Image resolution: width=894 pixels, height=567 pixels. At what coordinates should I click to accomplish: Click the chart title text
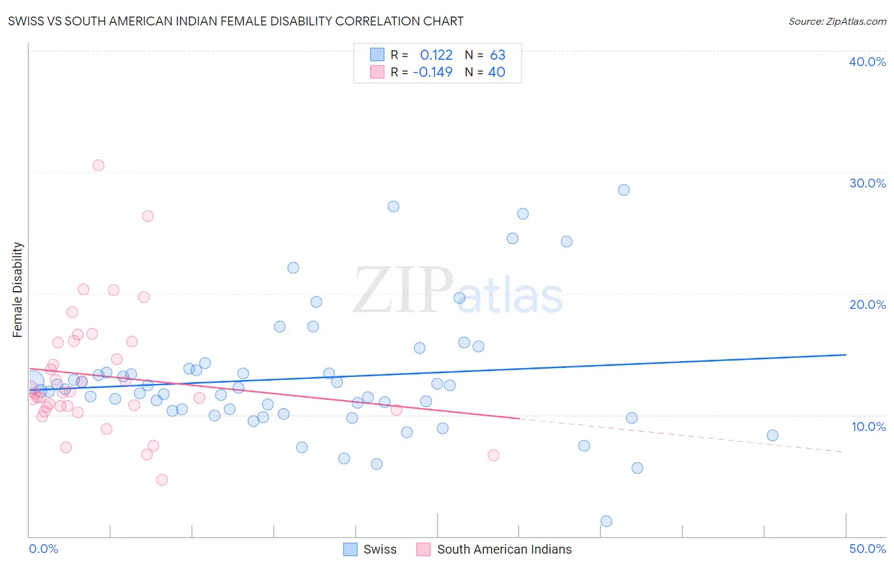236,21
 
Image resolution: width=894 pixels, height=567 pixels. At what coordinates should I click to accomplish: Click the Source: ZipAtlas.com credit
837,21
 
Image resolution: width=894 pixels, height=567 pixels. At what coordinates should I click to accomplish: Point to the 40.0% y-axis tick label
867,62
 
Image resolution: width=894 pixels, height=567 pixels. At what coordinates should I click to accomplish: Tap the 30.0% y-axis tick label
867,183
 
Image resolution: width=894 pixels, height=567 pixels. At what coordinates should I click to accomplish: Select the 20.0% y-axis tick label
867,304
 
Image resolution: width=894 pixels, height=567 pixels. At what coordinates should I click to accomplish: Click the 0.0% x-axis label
43,549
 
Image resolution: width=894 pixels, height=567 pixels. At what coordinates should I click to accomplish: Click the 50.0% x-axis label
867,549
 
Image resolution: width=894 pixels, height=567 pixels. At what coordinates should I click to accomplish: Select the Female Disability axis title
18,289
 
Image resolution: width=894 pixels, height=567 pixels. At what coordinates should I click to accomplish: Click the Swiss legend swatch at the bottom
350,549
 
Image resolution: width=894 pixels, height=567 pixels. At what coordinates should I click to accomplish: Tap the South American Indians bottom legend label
504,549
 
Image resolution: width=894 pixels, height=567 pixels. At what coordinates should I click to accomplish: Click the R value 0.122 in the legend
436,55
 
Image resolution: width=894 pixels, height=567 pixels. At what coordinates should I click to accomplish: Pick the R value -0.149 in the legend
432,72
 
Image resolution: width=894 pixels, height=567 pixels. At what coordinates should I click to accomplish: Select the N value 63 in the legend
497,55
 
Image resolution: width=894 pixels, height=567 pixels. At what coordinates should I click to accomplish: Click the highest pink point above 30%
99,165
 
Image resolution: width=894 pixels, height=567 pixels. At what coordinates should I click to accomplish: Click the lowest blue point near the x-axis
607,521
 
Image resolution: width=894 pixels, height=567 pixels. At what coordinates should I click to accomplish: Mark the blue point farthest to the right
773,435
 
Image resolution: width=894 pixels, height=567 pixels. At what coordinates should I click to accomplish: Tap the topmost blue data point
624,190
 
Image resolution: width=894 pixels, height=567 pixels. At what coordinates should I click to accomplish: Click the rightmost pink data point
493,455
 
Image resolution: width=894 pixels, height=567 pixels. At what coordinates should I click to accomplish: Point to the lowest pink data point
162,480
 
